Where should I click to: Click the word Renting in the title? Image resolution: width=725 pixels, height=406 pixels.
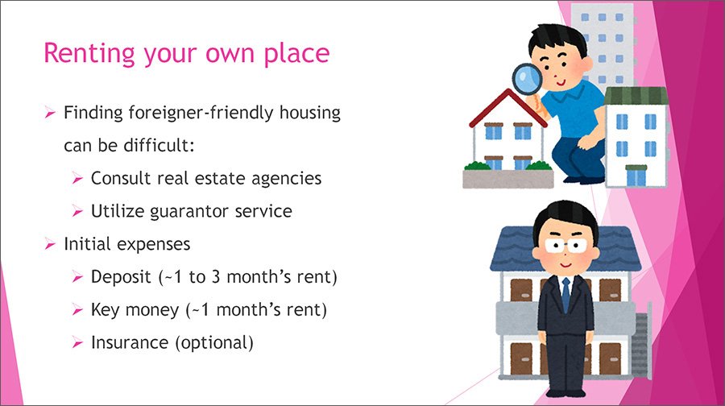(x=89, y=53)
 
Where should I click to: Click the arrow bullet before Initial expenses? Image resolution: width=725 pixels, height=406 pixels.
(x=50, y=244)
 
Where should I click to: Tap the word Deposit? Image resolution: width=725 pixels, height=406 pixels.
(x=121, y=277)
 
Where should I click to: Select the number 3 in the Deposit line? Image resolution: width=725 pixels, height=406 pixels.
(x=216, y=276)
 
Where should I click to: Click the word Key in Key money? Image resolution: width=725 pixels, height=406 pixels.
(x=105, y=310)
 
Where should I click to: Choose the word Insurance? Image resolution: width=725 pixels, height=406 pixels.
(x=130, y=342)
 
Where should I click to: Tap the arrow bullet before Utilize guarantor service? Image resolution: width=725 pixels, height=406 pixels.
(x=77, y=211)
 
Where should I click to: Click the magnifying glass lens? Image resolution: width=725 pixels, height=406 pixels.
(x=528, y=77)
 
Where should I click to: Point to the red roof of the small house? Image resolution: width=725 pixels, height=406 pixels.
(x=507, y=106)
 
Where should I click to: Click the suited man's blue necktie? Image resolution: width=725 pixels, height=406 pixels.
(x=565, y=295)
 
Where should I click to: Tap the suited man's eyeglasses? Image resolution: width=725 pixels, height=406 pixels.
(x=565, y=246)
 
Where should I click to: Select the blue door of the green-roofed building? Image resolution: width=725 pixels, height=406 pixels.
(x=636, y=176)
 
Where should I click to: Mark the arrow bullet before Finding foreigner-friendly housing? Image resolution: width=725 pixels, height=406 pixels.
(x=50, y=112)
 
